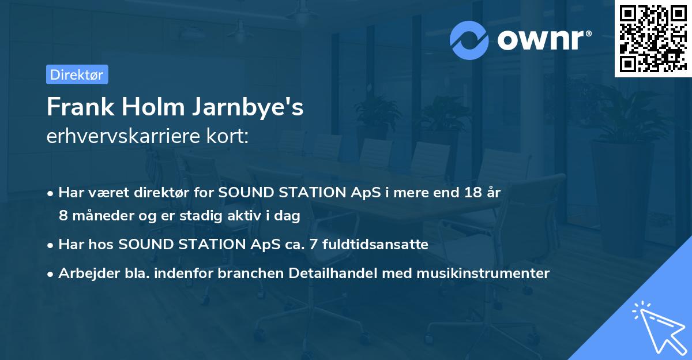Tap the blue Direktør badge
(77, 74)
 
